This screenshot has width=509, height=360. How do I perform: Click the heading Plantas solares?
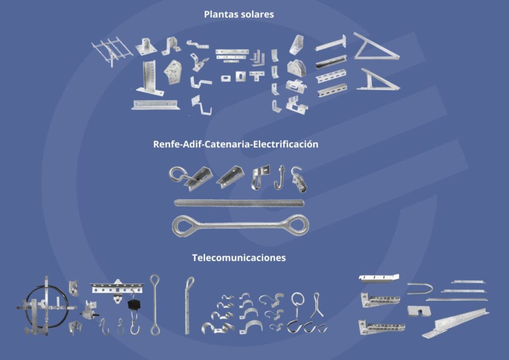click(239, 14)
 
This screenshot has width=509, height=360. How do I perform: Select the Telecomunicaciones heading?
click(239, 258)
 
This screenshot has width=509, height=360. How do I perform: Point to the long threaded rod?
click(239, 203)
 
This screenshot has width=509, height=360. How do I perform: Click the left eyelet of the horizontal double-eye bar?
click(173, 225)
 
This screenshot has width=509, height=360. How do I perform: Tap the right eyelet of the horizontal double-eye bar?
click(307, 225)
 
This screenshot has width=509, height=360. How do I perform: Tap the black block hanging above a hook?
click(134, 304)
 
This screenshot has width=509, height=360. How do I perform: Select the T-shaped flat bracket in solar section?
click(256, 75)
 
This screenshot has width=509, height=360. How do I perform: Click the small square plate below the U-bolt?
click(419, 311)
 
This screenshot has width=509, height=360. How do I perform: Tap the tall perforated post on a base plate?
click(150, 78)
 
